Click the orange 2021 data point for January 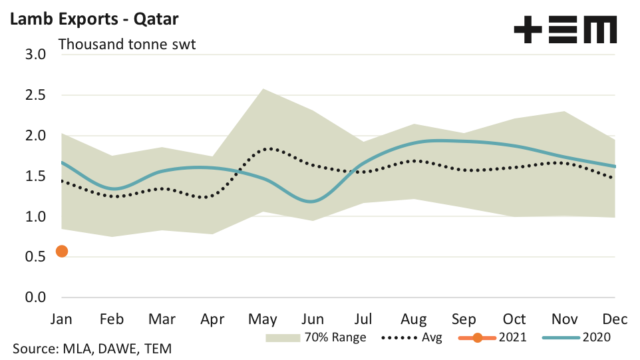pyautogui.click(x=62, y=251)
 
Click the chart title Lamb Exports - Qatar pyautogui.click(x=93, y=19)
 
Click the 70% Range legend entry pyautogui.click(x=316, y=337)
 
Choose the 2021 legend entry pyautogui.click(x=492, y=337)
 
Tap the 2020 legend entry pyautogui.click(x=577, y=337)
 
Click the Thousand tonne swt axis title pyautogui.click(x=126, y=45)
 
